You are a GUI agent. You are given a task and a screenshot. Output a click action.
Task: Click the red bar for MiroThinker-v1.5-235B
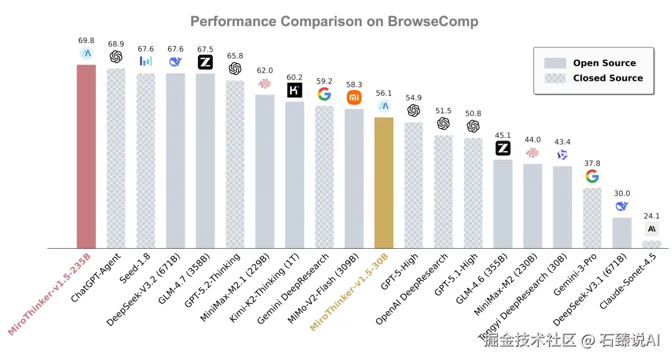pyautogui.click(x=86, y=156)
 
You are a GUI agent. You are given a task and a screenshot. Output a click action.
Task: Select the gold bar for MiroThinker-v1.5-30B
pyautogui.click(x=384, y=183)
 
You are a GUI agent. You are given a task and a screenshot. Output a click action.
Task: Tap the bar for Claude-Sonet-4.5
pyautogui.click(x=651, y=244)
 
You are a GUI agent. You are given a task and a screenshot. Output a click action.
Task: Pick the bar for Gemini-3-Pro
pyautogui.click(x=592, y=218)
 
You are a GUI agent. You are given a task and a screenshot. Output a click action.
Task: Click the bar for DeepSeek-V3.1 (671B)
pyautogui.click(x=622, y=233)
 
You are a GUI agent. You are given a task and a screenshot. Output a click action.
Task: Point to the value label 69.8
pyautogui.click(x=86, y=40)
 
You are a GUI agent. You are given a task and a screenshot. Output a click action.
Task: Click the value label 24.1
pyautogui.click(x=651, y=216)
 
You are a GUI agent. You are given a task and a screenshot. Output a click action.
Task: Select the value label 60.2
pyautogui.click(x=294, y=77)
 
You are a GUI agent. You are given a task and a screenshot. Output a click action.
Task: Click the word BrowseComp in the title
pyautogui.click(x=433, y=21)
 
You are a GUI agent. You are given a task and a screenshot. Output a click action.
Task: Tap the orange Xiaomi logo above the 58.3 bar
pyautogui.click(x=354, y=98)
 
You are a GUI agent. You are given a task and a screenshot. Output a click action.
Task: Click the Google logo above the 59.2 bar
pyautogui.click(x=324, y=94)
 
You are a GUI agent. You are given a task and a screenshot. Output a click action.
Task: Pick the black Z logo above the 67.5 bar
pyautogui.click(x=205, y=62)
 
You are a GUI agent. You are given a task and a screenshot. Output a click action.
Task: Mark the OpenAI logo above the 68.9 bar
pyautogui.click(x=116, y=57)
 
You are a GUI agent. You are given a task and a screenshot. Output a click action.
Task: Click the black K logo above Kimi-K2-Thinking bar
pyautogui.click(x=294, y=90)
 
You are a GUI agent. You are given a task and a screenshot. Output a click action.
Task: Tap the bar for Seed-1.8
pyautogui.click(x=146, y=161)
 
